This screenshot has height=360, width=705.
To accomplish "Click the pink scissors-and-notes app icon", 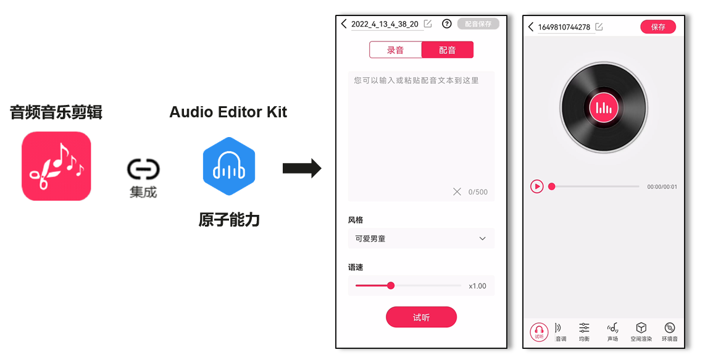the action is pyautogui.click(x=56, y=166).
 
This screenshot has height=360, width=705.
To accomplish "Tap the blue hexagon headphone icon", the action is pyautogui.click(x=229, y=166).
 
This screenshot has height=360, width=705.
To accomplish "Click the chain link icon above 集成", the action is pyautogui.click(x=143, y=169).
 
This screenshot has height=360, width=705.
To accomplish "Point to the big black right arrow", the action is pyautogui.click(x=302, y=169).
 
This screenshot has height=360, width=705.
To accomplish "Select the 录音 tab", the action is pyautogui.click(x=395, y=50).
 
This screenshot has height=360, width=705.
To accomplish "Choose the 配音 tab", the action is pyautogui.click(x=448, y=50).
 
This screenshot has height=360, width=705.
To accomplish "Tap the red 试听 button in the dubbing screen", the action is pyautogui.click(x=421, y=317).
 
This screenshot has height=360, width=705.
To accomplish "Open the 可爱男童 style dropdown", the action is pyautogui.click(x=421, y=238).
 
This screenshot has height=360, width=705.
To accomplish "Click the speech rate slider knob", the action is pyautogui.click(x=391, y=285).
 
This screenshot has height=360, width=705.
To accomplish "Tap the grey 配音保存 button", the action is pyautogui.click(x=478, y=24).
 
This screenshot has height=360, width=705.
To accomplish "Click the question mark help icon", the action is pyautogui.click(x=446, y=24).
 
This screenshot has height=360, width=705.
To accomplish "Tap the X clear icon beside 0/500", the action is pyautogui.click(x=457, y=191).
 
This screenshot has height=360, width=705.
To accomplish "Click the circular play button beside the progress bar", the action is pyautogui.click(x=537, y=186).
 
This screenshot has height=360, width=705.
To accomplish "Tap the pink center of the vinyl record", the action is pyautogui.click(x=603, y=107).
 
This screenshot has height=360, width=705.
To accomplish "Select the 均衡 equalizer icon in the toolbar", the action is pyautogui.click(x=584, y=332).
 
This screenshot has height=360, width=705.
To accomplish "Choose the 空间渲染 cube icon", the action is pyautogui.click(x=641, y=332).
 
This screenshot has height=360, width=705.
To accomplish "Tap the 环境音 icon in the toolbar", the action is pyautogui.click(x=669, y=332).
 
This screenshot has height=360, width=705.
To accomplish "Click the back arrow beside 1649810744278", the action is pyautogui.click(x=531, y=27).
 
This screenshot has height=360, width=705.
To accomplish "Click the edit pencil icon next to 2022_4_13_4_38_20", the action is pyautogui.click(x=428, y=24).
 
